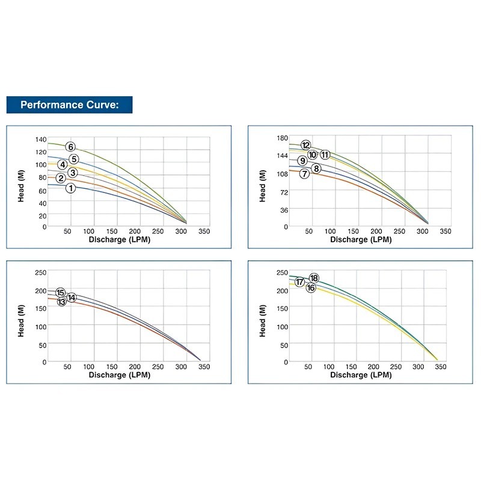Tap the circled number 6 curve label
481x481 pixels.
coord(70,147)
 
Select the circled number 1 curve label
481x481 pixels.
coord(70,188)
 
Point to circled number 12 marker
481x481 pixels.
coord(305,145)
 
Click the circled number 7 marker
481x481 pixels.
coord(305,174)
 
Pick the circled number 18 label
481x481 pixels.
coord(314,278)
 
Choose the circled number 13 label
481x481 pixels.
coord(61,301)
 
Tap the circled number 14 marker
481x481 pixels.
coord(72,298)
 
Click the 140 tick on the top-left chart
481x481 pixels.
coord(40,139)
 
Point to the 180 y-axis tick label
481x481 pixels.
coord(283,138)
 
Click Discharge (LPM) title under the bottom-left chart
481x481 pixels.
coord(120,375)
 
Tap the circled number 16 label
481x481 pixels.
coord(311,288)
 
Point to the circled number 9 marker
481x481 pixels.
coord(302,161)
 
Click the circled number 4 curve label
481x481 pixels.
coord(62,165)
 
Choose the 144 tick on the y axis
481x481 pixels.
coord(283,156)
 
